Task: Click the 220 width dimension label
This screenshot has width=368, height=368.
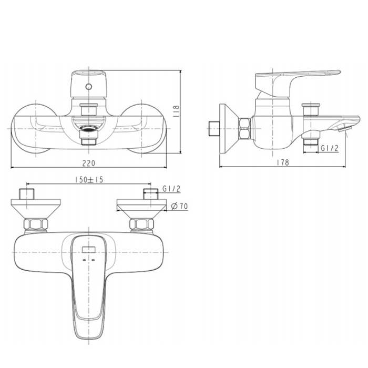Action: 89,163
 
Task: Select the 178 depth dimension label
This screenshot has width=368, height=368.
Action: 283,162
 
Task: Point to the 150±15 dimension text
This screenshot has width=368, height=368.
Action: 89,180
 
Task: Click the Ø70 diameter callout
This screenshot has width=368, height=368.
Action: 180,206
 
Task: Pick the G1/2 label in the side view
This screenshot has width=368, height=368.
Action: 330,148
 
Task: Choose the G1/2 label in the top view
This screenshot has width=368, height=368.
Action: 171,189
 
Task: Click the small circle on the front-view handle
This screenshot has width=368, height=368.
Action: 88,87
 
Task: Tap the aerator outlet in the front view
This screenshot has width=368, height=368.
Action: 88,128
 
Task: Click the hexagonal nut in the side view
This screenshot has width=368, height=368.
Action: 244,129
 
